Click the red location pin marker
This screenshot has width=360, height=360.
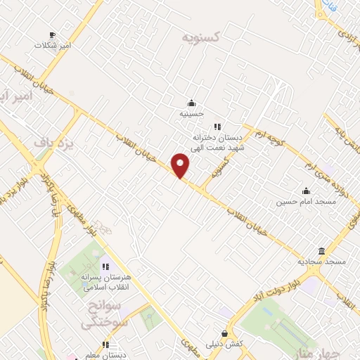(181, 165)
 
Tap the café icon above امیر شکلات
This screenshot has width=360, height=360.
(52, 34)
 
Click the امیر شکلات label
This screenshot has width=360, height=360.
(53, 45)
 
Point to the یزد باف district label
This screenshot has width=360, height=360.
(54, 143)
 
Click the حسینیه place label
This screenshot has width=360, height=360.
(191, 112)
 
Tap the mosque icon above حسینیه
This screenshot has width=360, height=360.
(191, 103)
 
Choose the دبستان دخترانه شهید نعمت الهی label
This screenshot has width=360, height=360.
(219, 142)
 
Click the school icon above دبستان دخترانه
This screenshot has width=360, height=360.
(218, 127)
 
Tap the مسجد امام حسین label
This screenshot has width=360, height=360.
(306, 201)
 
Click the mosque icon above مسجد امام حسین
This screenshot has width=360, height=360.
(306, 191)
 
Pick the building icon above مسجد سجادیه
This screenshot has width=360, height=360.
(321, 251)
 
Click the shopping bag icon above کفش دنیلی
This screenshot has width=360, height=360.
(224, 333)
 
